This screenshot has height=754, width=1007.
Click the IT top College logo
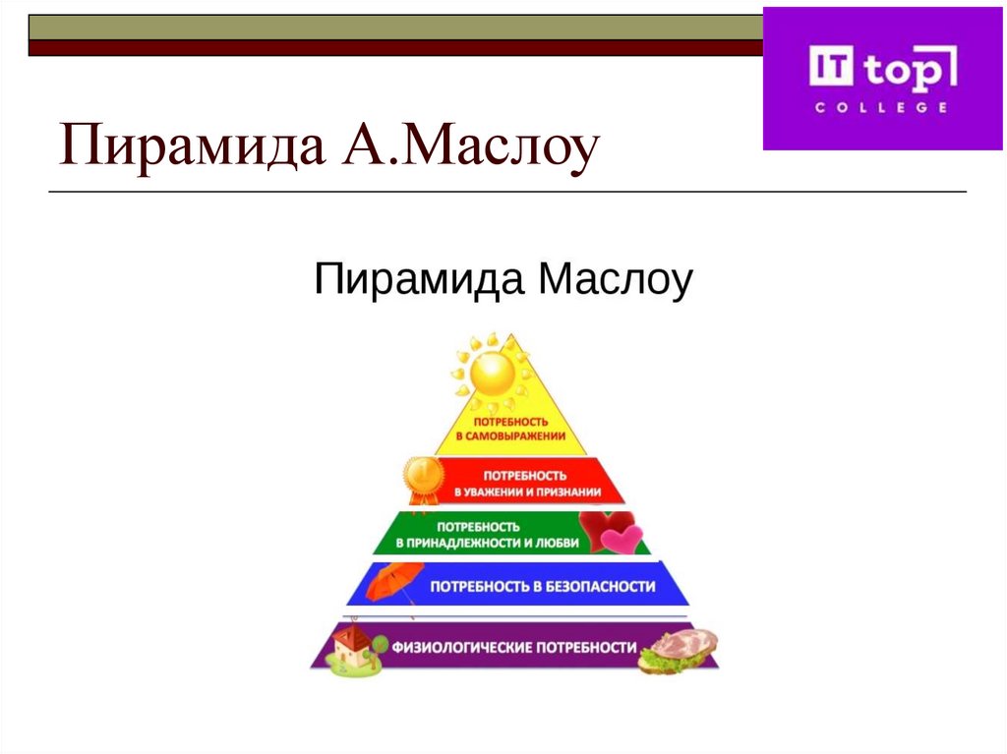pos(883,78)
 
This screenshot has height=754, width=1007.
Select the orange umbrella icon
pos(393,582)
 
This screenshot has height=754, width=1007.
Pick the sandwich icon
pos(679,651)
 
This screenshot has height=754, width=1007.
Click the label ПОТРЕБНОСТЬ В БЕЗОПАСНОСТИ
pos(542,586)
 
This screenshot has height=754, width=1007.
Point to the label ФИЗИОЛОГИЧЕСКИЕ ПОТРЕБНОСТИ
pos(514,648)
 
